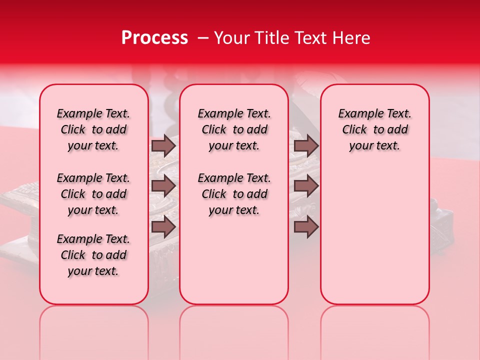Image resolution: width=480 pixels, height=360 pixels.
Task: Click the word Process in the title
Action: point(154,38)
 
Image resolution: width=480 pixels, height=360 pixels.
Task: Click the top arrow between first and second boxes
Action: point(163,146)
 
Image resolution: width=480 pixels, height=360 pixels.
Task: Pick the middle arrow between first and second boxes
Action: point(163,186)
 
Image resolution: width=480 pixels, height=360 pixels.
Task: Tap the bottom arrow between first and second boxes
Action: point(163,226)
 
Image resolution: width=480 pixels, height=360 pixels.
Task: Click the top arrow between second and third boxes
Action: point(306,146)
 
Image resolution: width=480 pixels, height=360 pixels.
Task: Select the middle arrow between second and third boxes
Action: point(306,186)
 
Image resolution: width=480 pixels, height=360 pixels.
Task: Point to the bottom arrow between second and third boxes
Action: point(306,226)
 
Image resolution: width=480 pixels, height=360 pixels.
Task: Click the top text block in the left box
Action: point(93,129)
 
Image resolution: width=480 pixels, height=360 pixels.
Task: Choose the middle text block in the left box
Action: point(93,194)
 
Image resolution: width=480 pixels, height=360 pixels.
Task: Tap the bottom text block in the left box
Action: point(93,255)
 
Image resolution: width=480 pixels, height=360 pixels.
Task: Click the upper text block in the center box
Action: point(234,129)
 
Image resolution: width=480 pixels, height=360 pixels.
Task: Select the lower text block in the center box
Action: point(234,194)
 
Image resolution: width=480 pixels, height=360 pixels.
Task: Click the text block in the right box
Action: point(374,129)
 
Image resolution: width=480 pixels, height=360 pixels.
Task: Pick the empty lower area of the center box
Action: point(234,260)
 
